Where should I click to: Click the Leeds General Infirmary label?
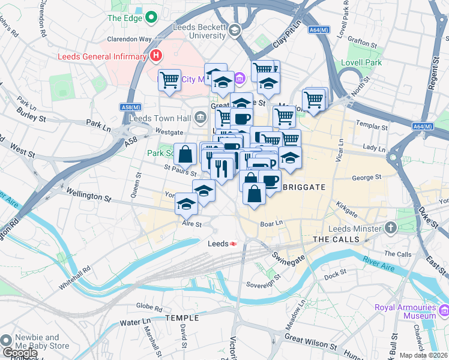tap(102, 57)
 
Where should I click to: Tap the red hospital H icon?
tap(156, 56)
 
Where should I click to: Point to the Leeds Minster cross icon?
tap(391, 227)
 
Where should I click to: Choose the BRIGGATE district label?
tap(303, 187)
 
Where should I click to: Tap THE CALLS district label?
tap(336, 239)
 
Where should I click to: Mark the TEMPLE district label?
tap(182, 317)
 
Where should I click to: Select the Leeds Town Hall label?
tap(161, 118)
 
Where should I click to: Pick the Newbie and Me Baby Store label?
tap(43, 341)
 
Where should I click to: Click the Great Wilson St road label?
tap(310, 342)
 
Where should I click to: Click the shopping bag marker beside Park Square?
tap(185, 155)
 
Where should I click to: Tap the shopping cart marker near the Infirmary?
tap(169, 79)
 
